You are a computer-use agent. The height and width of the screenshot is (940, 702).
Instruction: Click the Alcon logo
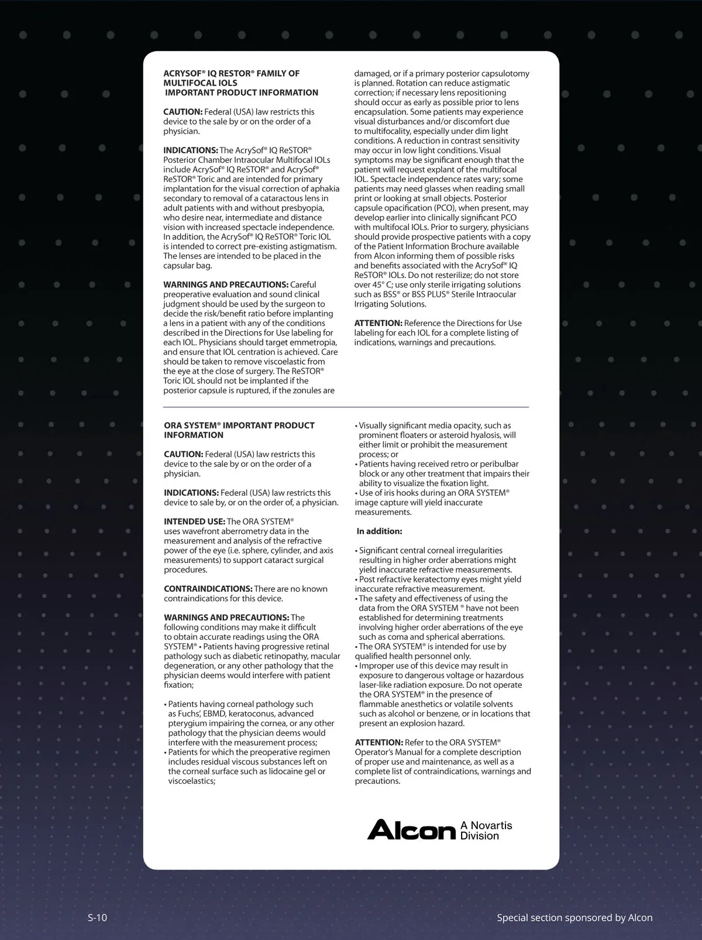click(x=411, y=830)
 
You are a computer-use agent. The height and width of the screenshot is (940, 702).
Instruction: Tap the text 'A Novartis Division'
click(x=486, y=831)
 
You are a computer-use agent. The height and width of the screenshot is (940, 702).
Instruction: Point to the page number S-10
click(x=97, y=917)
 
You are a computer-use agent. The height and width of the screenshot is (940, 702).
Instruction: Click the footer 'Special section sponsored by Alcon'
click(x=574, y=917)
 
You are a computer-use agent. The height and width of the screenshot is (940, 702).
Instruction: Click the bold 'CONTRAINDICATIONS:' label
click(x=208, y=589)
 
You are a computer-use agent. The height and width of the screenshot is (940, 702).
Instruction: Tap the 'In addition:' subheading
click(x=379, y=531)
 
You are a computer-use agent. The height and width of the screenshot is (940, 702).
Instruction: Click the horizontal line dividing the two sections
click(x=346, y=407)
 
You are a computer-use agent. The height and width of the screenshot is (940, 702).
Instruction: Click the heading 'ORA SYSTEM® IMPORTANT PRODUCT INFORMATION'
click(x=239, y=430)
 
